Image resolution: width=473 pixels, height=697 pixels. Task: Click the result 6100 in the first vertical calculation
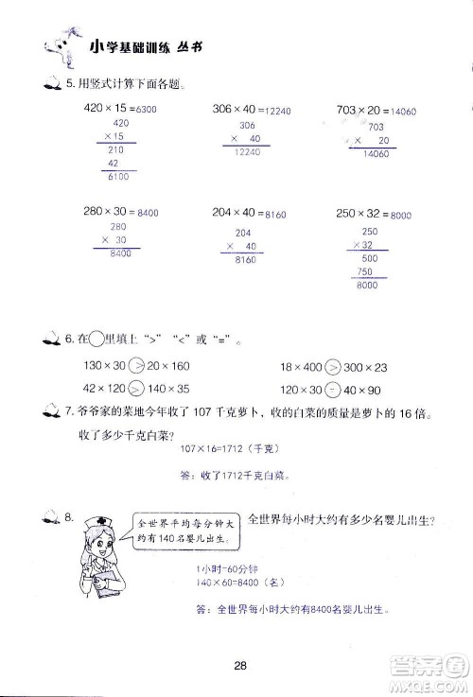[x=120, y=177]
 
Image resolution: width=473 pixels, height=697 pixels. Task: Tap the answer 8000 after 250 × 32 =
[x=399, y=216]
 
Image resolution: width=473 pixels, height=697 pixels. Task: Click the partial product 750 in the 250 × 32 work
[x=365, y=272]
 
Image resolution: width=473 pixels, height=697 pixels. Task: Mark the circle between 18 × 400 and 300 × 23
[x=332, y=366]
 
